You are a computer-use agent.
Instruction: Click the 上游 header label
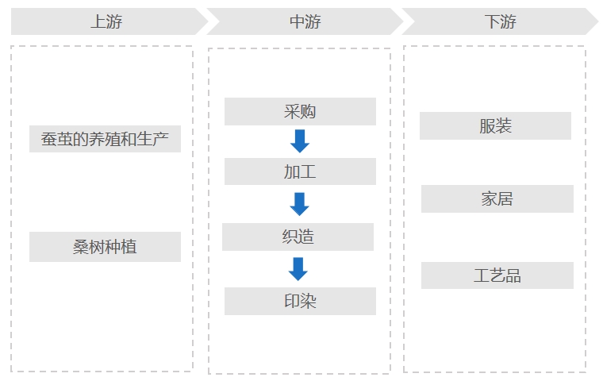(106, 22)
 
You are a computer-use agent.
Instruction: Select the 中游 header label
(305, 22)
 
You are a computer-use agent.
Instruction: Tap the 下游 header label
(500, 22)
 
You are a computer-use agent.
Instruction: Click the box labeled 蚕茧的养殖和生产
(105, 139)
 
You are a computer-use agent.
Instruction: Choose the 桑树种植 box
(105, 247)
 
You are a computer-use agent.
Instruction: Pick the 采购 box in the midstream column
(300, 111)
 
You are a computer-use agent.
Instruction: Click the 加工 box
(300, 171)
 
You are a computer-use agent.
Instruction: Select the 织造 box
(298, 237)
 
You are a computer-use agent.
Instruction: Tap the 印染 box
(300, 301)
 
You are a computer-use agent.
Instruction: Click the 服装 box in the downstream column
(495, 125)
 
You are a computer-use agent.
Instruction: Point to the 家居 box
(497, 198)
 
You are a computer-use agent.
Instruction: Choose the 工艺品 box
(497, 275)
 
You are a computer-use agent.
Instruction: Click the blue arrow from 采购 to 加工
(299, 141)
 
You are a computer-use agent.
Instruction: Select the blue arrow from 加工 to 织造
(299, 204)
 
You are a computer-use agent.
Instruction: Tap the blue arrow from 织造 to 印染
(298, 269)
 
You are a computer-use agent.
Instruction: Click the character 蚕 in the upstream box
(49, 140)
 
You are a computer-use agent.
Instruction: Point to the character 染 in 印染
(309, 302)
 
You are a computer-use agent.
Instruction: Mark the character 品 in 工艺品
(513, 276)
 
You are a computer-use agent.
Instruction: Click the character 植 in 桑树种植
(129, 248)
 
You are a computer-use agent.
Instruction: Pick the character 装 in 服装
(504, 126)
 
